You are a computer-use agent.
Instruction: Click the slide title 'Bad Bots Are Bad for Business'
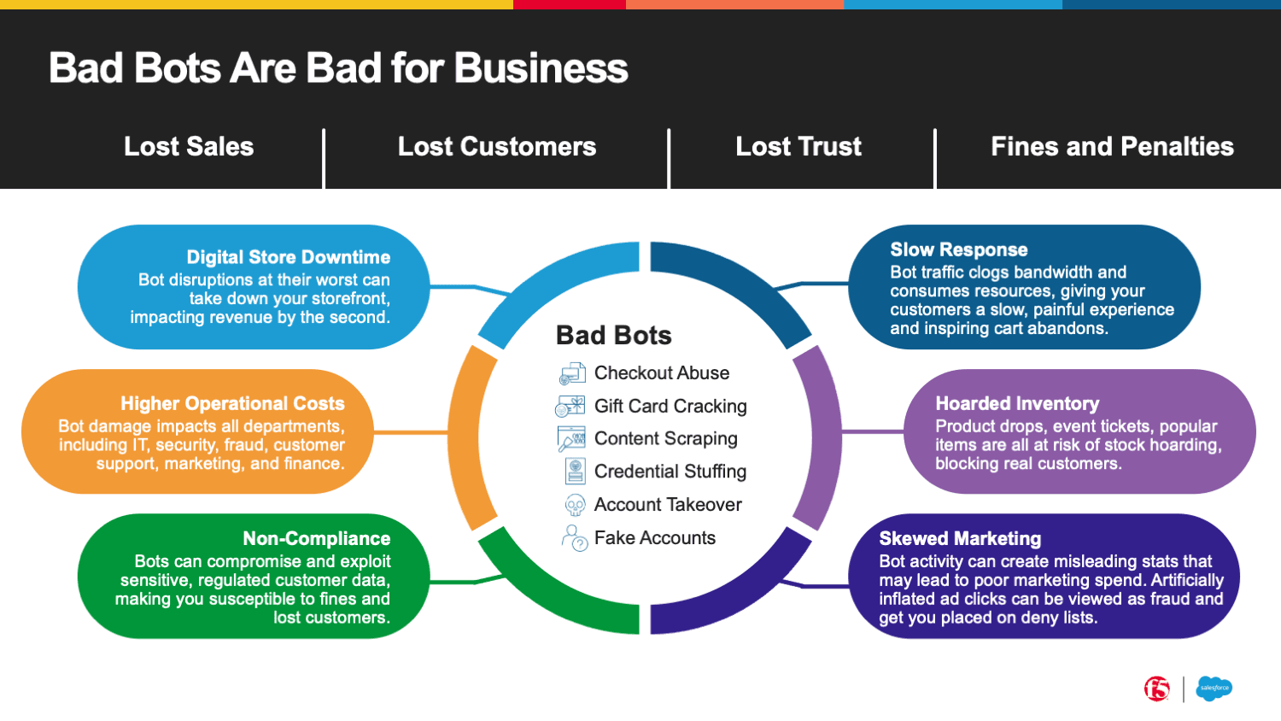(x=338, y=68)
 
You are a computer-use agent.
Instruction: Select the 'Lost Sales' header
(x=189, y=147)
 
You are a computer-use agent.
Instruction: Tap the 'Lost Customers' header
(x=497, y=147)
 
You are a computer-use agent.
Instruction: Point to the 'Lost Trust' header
(x=798, y=147)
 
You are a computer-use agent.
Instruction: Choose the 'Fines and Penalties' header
(x=1112, y=147)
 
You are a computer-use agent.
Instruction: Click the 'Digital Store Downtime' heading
(x=289, y=257)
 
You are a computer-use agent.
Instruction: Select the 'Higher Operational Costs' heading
(x=232, y=403)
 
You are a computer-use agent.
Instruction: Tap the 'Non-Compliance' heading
(x=316, y=538)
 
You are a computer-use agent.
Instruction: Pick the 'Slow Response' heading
(x=959, y=249)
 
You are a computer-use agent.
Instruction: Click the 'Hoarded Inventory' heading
(x=1017, y=403)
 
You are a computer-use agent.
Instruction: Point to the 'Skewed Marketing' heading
(x=960, y=538)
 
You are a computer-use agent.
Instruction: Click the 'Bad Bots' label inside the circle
(x=613, y=336)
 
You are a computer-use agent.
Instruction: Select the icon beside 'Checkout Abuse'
(x=572, y=373)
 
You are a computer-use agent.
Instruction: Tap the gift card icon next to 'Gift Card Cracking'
(x=570, y=406)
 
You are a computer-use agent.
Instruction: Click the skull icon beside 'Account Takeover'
(x=575, y=505)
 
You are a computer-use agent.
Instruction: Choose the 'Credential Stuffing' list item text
(x=670, y=472)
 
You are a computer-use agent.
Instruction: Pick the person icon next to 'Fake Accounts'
(x=574, y=538)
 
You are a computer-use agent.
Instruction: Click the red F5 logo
(x=1157, y=689)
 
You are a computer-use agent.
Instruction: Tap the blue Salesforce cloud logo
(x=1214, y=689)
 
